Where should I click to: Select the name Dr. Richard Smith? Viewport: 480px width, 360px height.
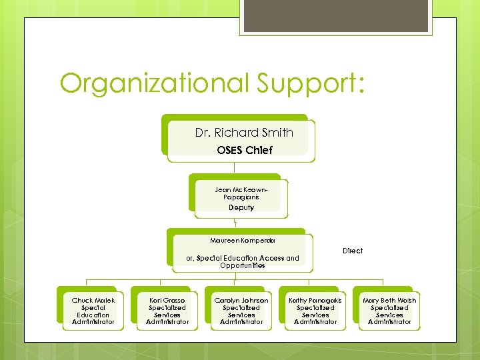click(244, 133)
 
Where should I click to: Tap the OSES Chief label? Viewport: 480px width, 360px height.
click(244, 150)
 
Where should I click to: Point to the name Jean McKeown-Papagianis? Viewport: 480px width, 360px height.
click(241, 193)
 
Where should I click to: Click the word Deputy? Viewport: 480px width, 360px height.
click(241, 207)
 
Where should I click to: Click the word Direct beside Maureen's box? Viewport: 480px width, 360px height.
click(353, 251)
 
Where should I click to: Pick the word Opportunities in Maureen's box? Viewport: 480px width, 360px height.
click(243, 265)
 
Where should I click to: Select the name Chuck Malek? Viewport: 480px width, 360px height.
click(93, 301)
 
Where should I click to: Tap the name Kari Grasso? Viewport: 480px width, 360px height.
click(167, 301)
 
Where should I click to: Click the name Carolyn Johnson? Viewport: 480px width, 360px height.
click(241, 301)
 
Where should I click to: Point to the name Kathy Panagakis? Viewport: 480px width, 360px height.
click(315, 301)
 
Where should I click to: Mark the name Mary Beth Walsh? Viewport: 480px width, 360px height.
click(389, 301)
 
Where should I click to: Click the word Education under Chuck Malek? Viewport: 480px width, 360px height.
click(93, 315)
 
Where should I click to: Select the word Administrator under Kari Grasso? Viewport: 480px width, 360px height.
click(167, 322)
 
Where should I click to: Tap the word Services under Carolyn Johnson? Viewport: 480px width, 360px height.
click(241, 315)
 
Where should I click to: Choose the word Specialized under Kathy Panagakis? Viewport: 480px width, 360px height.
click(315, 308)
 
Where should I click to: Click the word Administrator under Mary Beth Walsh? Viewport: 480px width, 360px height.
click(389, 322)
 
